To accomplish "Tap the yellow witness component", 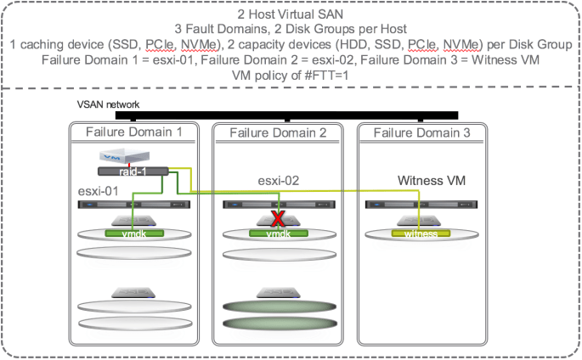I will click(x=420, y=233).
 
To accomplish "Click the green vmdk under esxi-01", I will click(x=133, y=233).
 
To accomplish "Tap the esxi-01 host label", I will click(x=98, y=190).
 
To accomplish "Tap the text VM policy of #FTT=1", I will click(x=291, y=74).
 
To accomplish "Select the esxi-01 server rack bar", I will click(x=134, y=205).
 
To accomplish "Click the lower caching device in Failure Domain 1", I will click(x=134, y=292).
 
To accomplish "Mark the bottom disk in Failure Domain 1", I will click(x=134, y=328).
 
